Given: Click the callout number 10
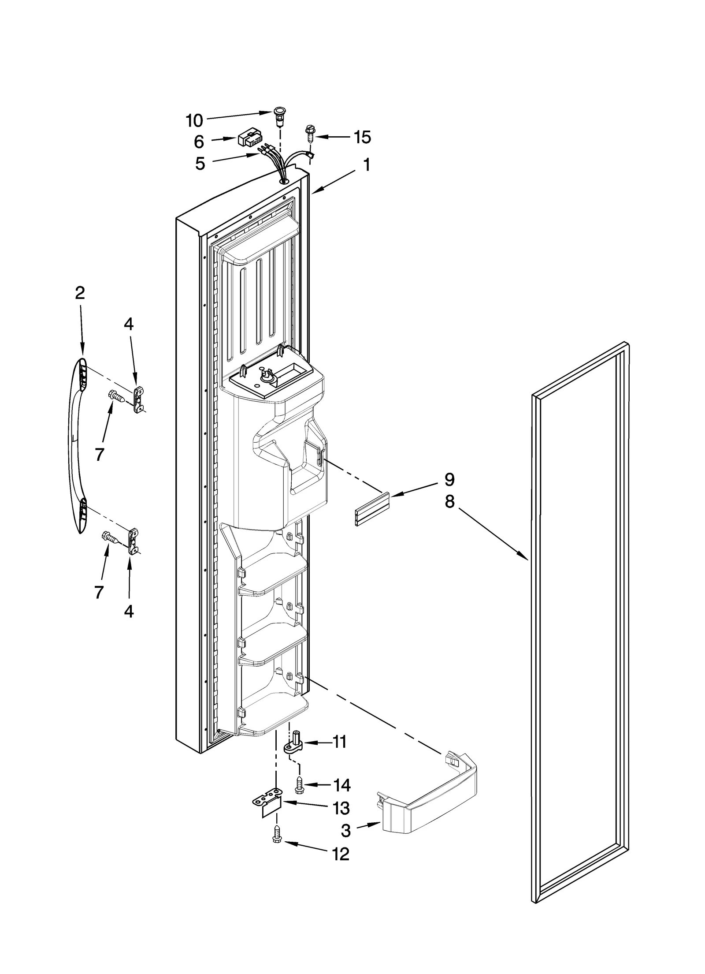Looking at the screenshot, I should (x=194, y=120).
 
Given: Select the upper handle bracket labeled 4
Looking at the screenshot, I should (x=139, y=400).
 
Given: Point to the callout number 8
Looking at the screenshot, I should (x=449, y=502).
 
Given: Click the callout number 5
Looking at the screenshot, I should (x=200, y=164).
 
